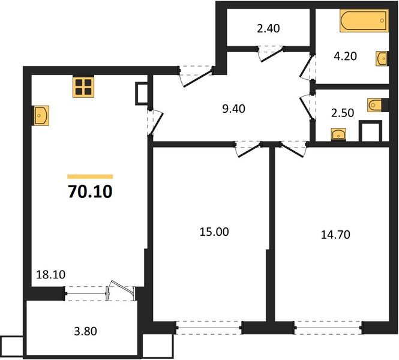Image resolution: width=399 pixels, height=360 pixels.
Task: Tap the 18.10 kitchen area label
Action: click(50, 275)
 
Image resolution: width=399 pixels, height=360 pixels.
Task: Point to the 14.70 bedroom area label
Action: click(336, 234)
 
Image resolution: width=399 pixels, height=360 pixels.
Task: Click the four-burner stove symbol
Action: click(84, 88)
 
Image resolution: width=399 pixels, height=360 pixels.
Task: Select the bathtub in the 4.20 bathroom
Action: click(363, 20)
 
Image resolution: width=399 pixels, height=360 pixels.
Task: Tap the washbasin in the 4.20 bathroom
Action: click(382, 58)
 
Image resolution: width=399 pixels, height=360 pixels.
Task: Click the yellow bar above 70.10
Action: click(90, 176)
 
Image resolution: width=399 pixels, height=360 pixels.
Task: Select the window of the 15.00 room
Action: click(209, 328)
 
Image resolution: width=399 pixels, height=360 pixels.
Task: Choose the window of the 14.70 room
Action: click(328, 328)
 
